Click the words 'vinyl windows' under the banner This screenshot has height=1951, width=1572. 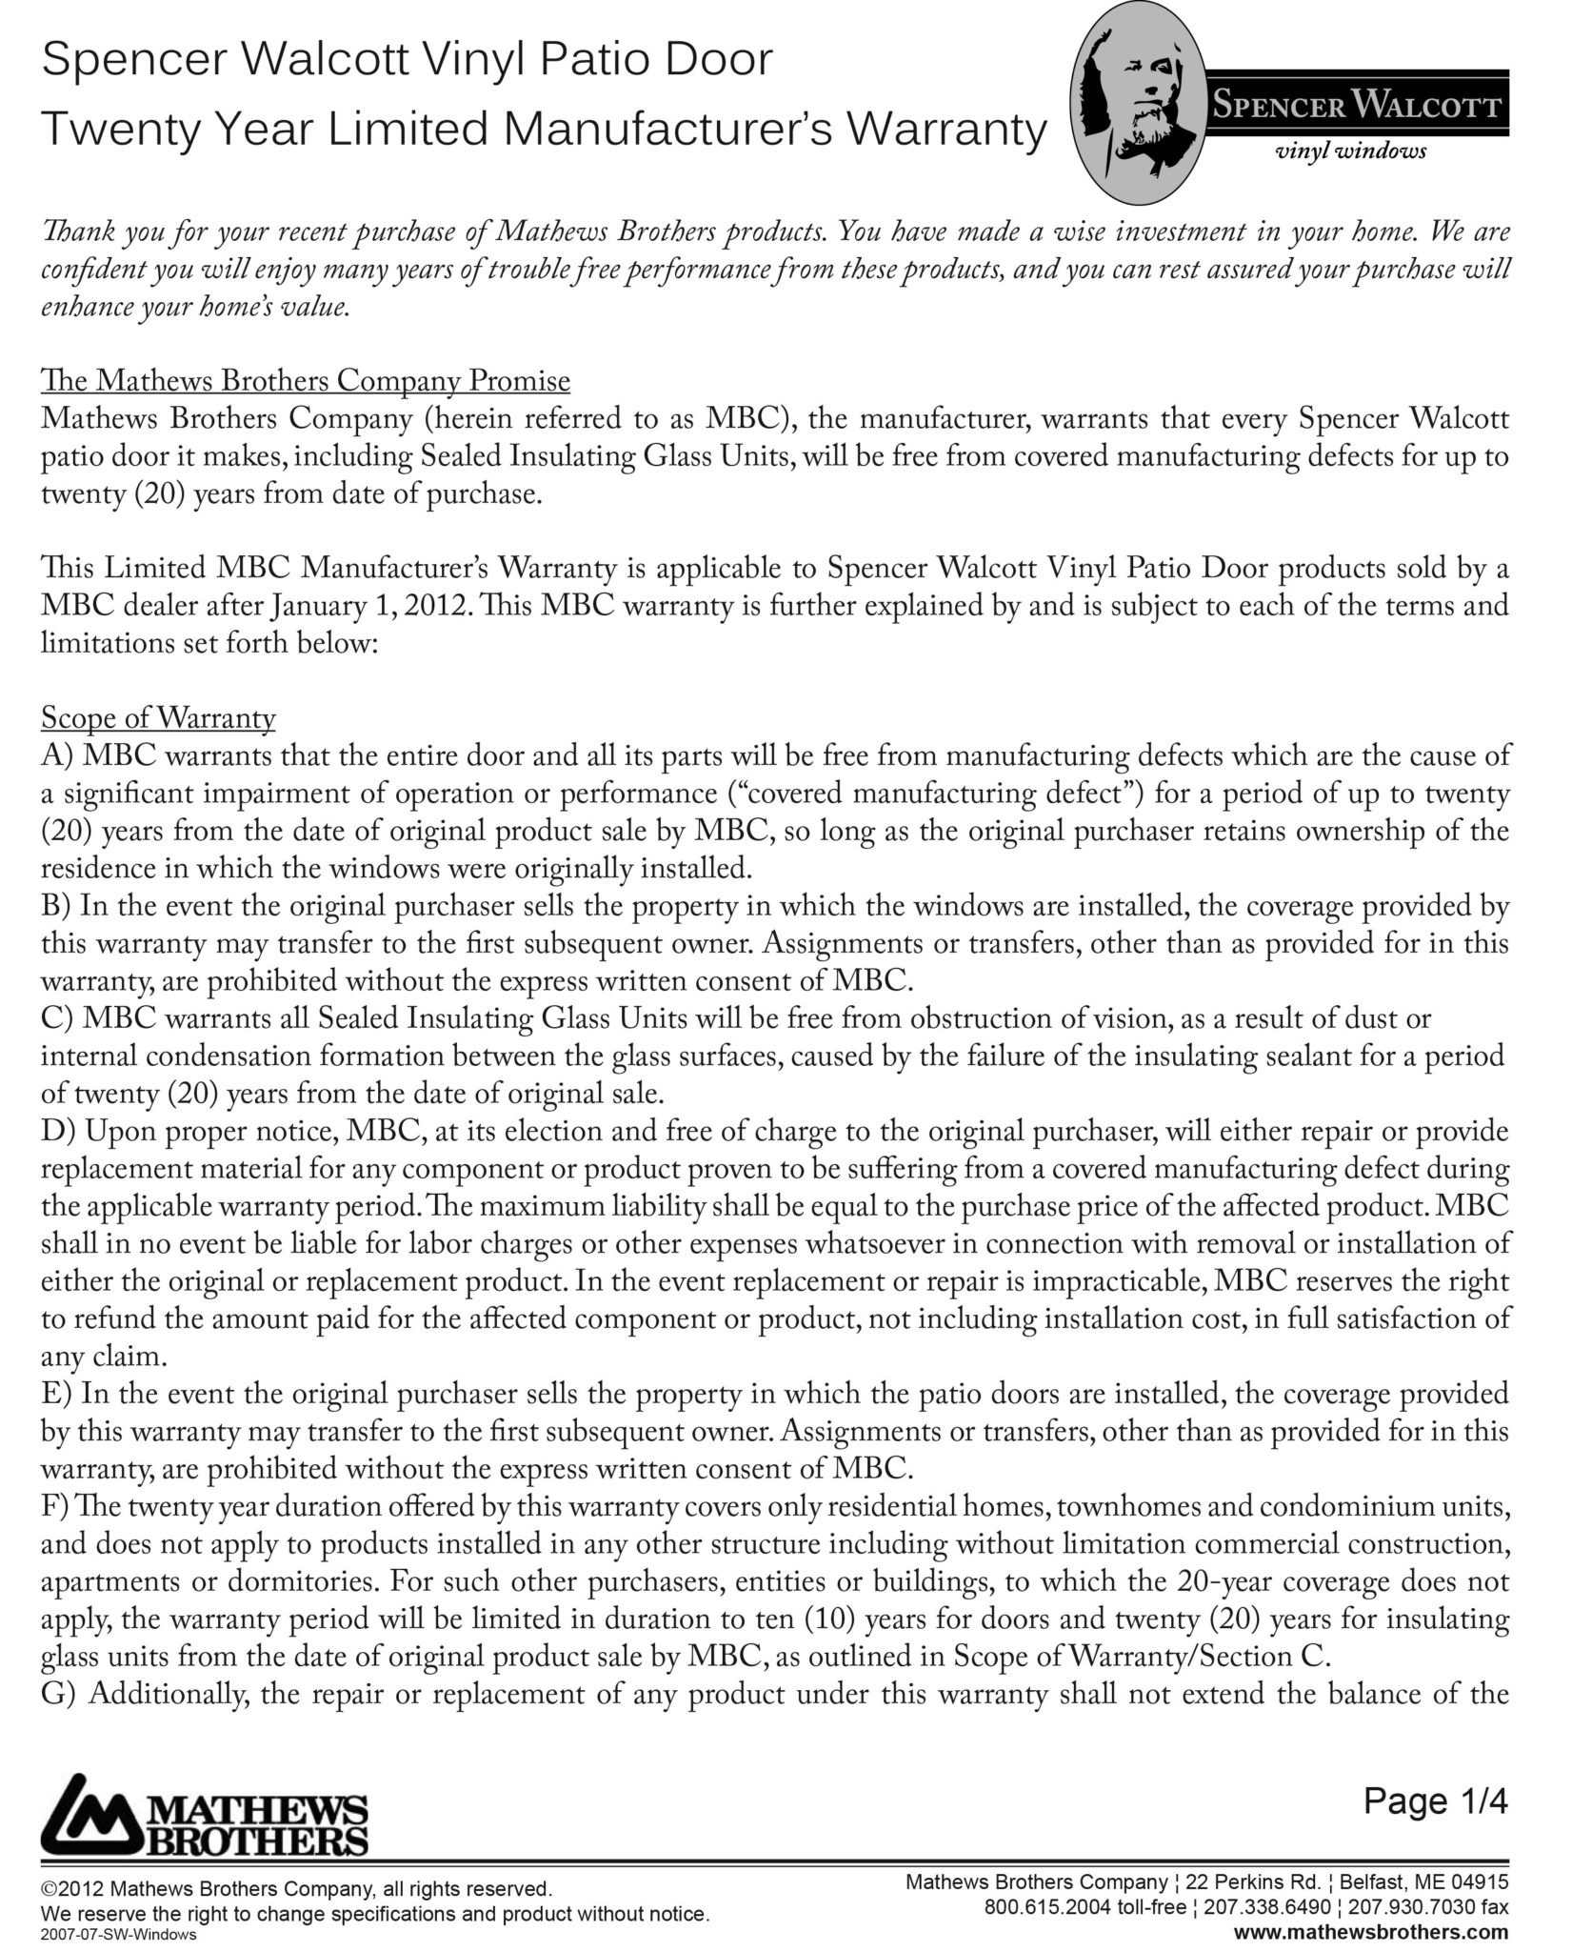(1350, 151)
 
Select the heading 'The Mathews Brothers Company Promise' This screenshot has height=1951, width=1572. (306, 381)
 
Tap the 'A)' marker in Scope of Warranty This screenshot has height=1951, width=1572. (57, 756)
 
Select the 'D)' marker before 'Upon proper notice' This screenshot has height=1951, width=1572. (58, 1132)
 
